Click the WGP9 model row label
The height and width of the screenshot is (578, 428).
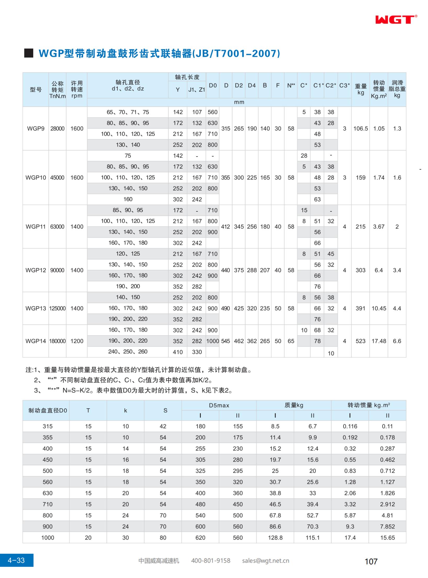tap(36, 129)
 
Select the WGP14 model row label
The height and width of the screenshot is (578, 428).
tap(36, 341)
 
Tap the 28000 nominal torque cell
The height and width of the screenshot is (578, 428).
tap(58, 129)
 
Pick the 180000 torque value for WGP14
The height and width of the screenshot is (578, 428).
tap(58, 341)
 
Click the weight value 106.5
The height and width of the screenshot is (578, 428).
tap(361, 129)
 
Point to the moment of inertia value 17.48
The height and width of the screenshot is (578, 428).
tap(379, 341)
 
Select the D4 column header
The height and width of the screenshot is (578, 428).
tap(252, 85)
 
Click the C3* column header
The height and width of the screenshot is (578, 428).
tap(345, 85)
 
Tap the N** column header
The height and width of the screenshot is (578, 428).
tap(291, 85)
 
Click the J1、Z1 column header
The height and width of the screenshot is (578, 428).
tap(197, 90)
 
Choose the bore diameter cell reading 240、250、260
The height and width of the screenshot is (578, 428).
tap(128, 352)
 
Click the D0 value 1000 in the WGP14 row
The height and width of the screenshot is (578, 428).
tap(213, 341)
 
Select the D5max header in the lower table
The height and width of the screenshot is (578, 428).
tap(219, 405)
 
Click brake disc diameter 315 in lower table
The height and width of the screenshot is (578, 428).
tap(48, 426)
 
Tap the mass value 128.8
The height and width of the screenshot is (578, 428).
tap(275, 538)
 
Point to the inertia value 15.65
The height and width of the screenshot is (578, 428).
tap(387, 538)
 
